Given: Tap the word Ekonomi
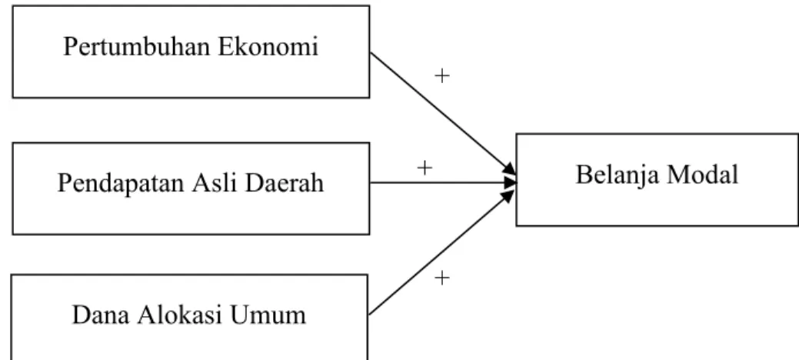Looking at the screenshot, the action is pyautogui.click(x=268, y=46).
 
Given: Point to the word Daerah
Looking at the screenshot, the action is pyautogui.click(x=285, y=182).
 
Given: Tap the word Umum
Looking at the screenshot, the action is pyautogui.click(x=267, y=315).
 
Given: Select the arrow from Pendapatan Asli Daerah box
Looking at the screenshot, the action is pyautogui.click(x=443, y=182).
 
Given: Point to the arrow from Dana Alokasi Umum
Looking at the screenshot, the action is pyautogui.click(x=441, y=252).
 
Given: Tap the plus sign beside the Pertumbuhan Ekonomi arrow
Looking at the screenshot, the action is pyautogui.click(x=442, y=76).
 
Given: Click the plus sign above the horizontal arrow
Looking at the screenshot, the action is pyautogui.click(x=424, y=167).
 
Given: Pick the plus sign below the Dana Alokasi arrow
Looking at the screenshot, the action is pyautogui.click(x=442, y=278).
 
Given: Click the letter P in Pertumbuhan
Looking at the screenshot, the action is pyautogui.click(x=70, y=47).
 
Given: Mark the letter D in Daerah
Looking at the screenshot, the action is pyautogui.click(x=254, y=183).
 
